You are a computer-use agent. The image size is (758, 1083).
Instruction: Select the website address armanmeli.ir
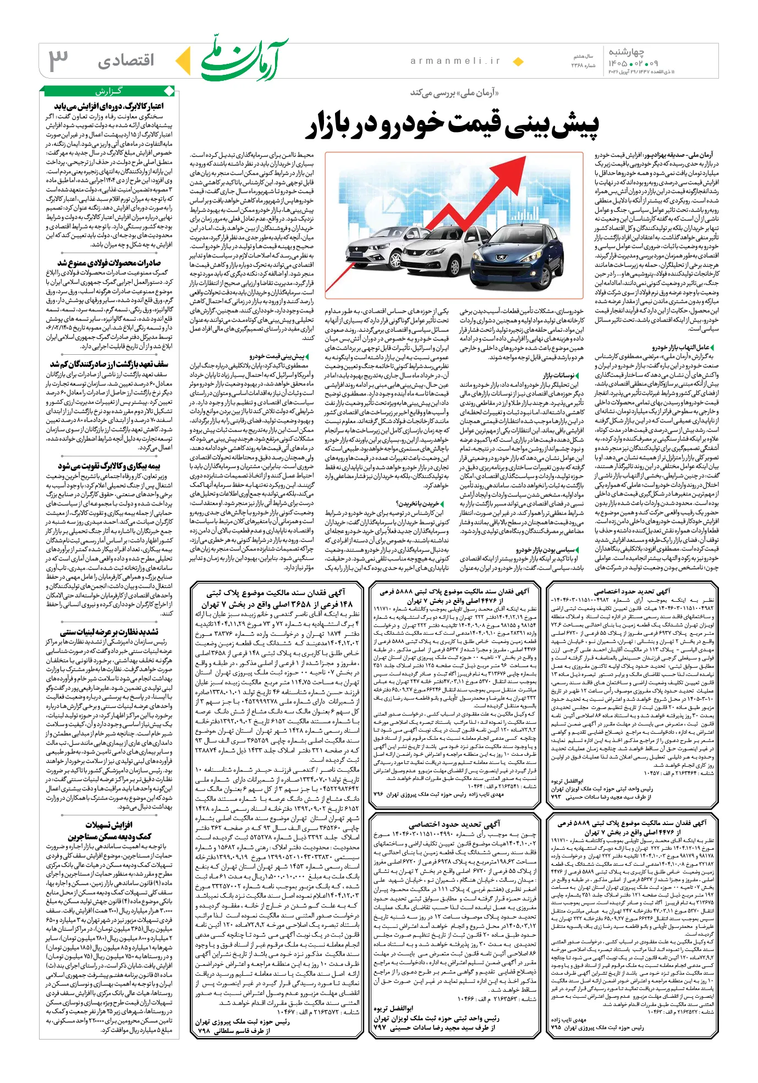[455, 61]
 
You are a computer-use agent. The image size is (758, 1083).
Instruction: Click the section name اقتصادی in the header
[126, 61]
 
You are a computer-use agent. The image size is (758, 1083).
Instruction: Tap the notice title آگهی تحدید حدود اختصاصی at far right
[632, 591]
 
